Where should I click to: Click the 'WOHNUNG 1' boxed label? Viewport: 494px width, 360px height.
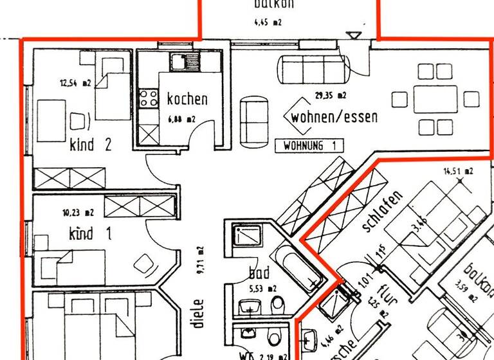[x=309, y=146]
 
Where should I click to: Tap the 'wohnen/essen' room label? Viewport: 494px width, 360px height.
[x=334, y=118]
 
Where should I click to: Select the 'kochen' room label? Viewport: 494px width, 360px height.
[x=187, y=99]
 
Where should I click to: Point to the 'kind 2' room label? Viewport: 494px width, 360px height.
[x=90, y=145]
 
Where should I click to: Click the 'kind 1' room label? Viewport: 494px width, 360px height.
[x=90, y=233]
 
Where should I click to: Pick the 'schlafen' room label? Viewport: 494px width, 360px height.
[x=383, y=212]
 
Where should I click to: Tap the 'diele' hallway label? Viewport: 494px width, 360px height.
[x=198, y=313]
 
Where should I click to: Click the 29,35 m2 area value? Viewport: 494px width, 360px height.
[x=331, y=96]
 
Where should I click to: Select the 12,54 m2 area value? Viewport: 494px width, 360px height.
[x=75, y=82]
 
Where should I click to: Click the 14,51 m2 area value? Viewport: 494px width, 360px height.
[x=458, y=171]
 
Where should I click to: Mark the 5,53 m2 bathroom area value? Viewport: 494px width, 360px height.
[x=262, y=289]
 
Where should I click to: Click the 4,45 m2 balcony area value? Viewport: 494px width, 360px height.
[x=269, y=22]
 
